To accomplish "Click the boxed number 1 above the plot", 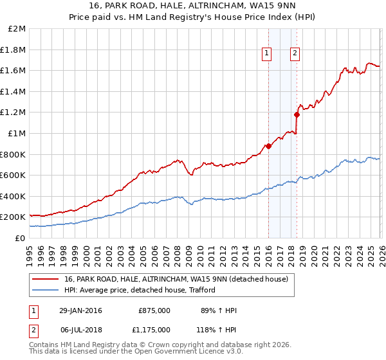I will pyautogui.click(x=266, y=54).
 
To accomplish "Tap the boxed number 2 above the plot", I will pyautogui.click(x=295, y=54).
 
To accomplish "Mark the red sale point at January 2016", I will pyautogui.click(x=268, y=146).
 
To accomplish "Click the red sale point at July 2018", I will pyautogui.click(x=297, y=115).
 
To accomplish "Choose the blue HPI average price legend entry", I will pyautogui.click(x=139, y=290).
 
